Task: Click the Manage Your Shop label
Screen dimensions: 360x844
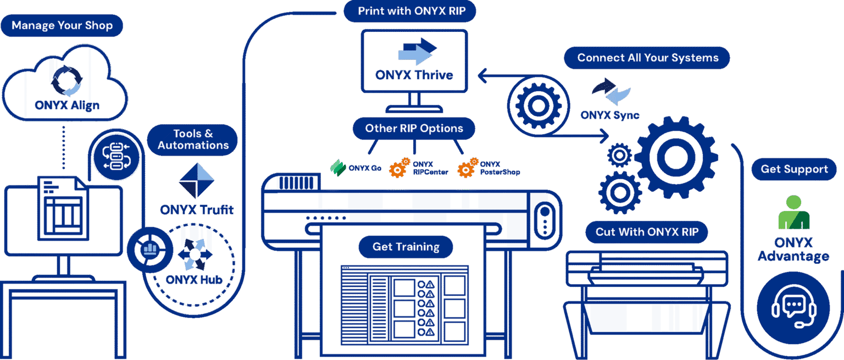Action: [x=62, y=25]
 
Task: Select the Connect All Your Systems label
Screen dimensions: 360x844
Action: [x=647, y=58]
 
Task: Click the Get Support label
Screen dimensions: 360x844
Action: [x=794, y=169]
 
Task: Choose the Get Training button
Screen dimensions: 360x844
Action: [x=406, y=247]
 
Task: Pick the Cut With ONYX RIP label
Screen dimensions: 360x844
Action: [x=647, y=232]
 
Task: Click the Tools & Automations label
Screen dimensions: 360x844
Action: [x=193, y=140]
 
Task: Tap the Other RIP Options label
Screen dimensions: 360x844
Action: [x=414, y=129]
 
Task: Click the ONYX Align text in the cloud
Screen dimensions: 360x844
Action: [x=67, y=104]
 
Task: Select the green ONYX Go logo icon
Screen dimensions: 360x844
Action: [x=337, y=168]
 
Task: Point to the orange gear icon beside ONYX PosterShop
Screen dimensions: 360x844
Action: [x=468, y=168]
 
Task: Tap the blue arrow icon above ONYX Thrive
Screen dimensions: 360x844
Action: [x=417, y=52]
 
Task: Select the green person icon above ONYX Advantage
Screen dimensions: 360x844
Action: [x=793, y=213]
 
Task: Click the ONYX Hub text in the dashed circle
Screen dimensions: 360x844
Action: [x=194, y=279]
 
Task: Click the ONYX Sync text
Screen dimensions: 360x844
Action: [x=610, y=115]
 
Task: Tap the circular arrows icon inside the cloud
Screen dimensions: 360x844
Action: [x=66, y=81]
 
